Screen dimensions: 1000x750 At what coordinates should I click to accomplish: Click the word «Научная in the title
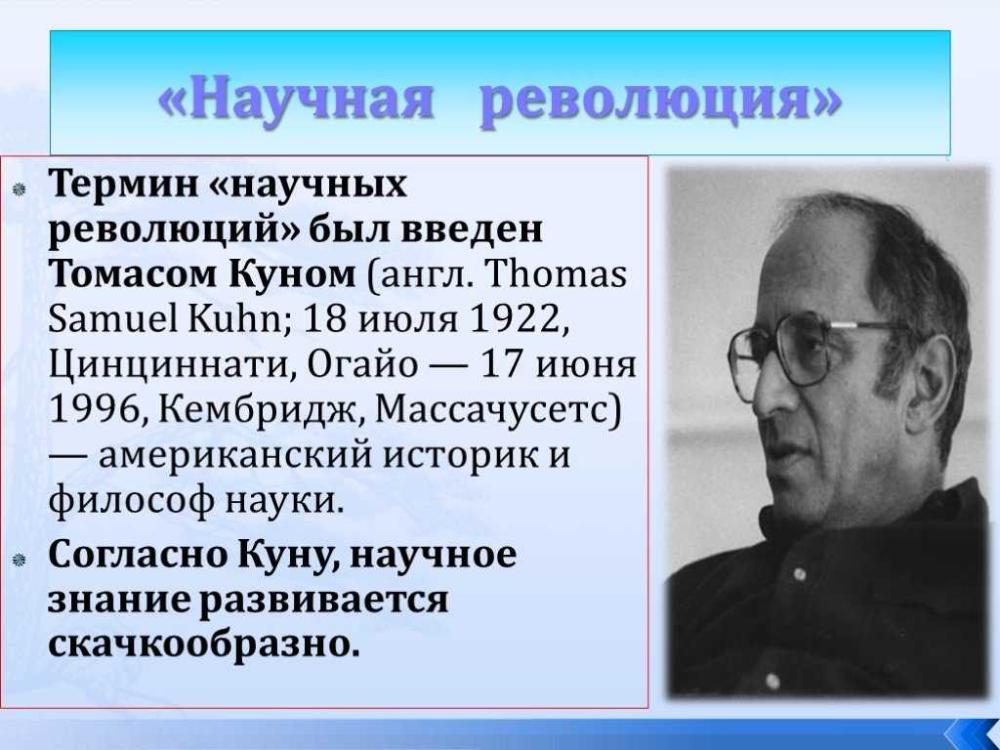pos(296,99)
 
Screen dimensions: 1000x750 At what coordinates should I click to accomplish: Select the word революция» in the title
pos(661,100)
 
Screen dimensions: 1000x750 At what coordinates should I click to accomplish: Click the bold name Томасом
pos(133,273)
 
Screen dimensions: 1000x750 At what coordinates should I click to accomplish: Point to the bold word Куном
pos(291,274)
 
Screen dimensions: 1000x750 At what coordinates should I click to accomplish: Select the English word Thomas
pos(556,274)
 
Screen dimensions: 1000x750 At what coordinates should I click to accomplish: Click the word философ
pos(132,501)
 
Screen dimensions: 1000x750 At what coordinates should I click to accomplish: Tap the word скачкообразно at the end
pos(204,645)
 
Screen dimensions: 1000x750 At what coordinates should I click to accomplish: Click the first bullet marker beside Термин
pos(19,188)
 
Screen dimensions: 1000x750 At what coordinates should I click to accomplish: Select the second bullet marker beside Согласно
pos(19,560)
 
